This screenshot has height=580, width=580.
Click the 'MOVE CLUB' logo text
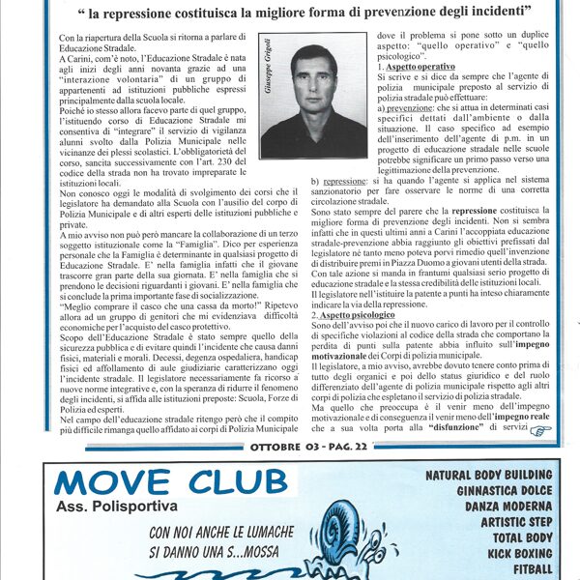pos(170,482)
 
